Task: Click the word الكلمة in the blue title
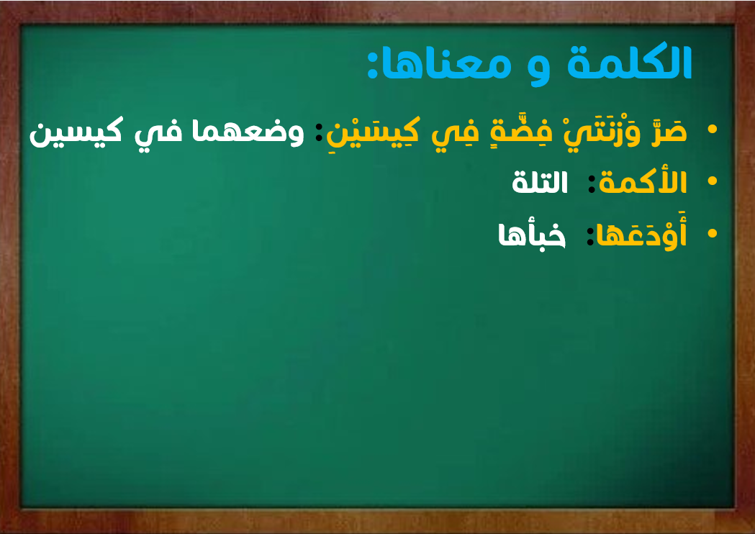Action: click(630, 62)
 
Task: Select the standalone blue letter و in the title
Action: click(539, 71)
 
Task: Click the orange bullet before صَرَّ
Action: click(712, 129)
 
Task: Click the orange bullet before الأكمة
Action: click(712, 181)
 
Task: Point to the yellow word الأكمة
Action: click(642, 182)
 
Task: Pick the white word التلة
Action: click(540, 182)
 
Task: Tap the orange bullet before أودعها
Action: click(712, 233)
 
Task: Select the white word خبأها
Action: click(532, 235)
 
